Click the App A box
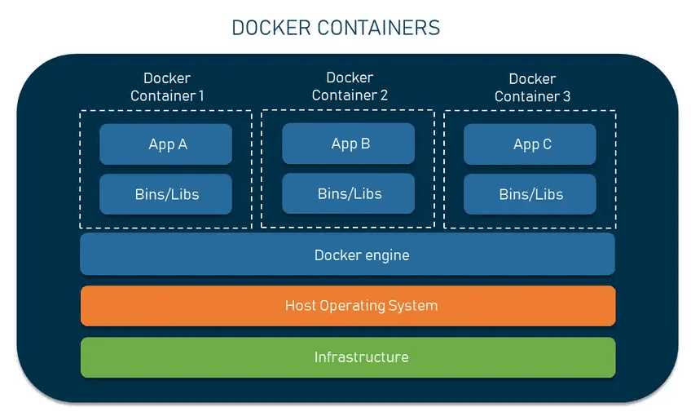(x=166, y=144)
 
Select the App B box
(x=349, y=144)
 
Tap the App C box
(x=530, y=144)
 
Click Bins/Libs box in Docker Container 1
(x=166, y=194)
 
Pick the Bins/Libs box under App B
(x=349, y=193)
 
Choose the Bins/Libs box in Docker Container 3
(x=530, y=194)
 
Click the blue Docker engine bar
(x=347, y=254)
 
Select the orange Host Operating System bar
(x=347, y=306)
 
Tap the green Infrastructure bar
(x=347, y=357)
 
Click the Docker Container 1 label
(x=167, y=87)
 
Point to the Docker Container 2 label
(x=350, y=86)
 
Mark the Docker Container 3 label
(x=532, y=87)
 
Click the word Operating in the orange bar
(x=357, y=306)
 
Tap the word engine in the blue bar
(x=385, y=255)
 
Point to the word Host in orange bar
(x=300, y=306)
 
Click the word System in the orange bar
(x=416, y=306)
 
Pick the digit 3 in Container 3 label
(x=566, y=96)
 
